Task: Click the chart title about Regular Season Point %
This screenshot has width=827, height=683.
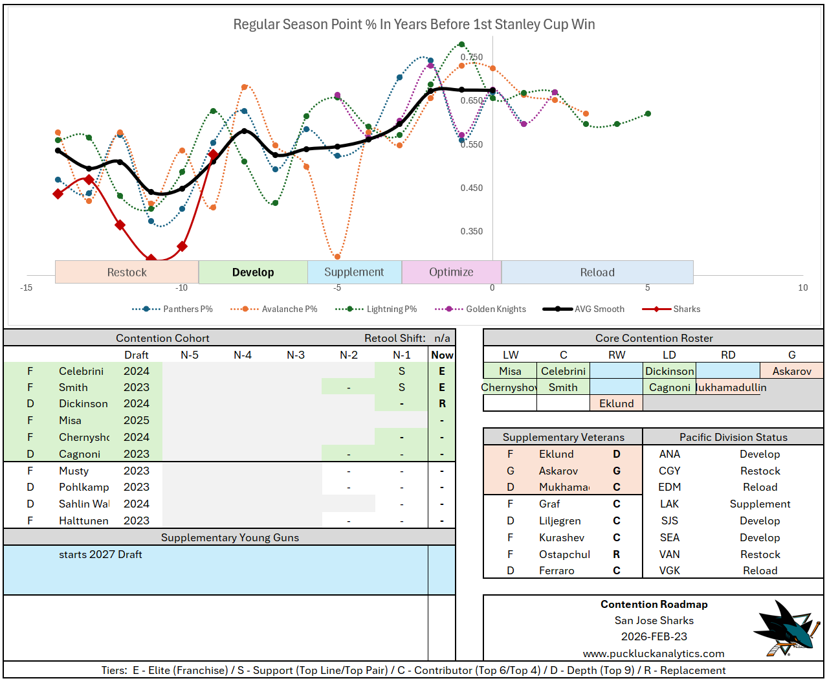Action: click(413, 25)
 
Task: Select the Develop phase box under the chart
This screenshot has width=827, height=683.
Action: click(253, 273)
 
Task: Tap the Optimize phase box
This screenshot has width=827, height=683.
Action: click(451, 273)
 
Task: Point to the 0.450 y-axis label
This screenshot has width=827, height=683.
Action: click(471, 188)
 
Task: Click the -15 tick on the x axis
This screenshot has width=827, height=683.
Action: click(27, 288)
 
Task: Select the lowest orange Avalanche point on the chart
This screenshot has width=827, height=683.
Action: click(337, 257)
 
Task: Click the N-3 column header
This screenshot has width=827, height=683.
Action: click(296, 355)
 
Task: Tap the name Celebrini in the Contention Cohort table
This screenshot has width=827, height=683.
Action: click(81, 372)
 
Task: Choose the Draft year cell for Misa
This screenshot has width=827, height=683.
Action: click(137, 421)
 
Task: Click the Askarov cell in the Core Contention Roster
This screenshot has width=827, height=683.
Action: click(791, 372)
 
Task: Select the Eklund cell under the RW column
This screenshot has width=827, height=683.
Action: click(616, 404)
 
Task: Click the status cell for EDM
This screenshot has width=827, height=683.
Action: click(760, 487)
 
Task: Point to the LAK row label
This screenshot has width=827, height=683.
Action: click(669, 504)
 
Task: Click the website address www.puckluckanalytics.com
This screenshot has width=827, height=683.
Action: click(654, 654)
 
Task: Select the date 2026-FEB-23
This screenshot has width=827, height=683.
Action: click(654, 637)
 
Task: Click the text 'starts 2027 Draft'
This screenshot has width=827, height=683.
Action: click(100, 555)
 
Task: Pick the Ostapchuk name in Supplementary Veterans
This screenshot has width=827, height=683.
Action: click(564, 555)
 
